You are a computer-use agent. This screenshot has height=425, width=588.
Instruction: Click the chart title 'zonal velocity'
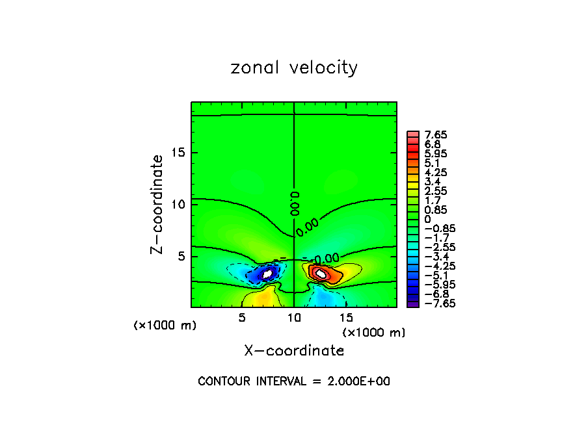click(294, 68)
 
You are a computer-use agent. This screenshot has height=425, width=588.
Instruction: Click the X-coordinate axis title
click(294, 351)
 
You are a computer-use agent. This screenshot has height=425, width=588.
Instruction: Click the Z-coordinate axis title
click(157, 204)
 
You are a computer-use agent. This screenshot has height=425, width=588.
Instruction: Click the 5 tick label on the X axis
click(242, 318)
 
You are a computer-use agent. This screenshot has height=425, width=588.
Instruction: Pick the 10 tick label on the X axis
click(294, 318)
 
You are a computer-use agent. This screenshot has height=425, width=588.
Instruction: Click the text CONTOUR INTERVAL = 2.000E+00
click(294, 381)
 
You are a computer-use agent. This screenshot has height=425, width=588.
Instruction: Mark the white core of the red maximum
click(320, 273)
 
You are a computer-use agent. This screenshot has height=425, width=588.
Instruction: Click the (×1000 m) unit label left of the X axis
click(165, 326)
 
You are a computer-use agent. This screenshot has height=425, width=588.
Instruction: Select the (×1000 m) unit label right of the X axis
click(374, 333)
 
